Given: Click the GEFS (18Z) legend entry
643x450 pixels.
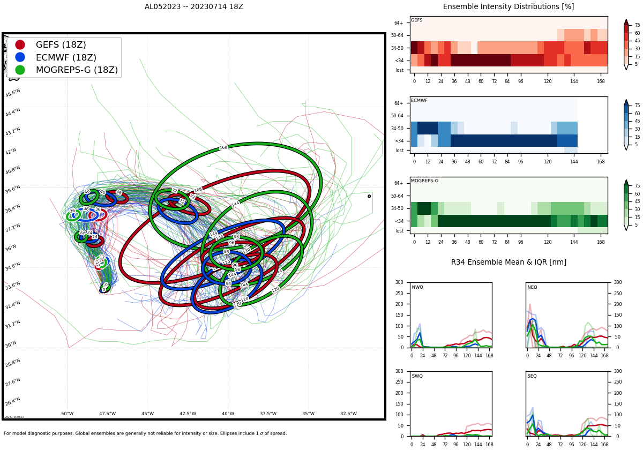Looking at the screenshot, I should click(61, 45).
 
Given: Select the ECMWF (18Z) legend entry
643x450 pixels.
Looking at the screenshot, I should click(66, 57).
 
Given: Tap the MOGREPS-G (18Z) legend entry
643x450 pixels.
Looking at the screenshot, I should click(77, 70).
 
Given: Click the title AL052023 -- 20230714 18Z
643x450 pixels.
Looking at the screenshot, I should click(193, 7).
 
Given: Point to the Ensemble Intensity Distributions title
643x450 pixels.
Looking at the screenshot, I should click(508, 7).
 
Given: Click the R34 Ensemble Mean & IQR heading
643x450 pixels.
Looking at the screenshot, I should click(508, 262).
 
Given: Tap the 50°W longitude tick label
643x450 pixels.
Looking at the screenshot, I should click(67, 414).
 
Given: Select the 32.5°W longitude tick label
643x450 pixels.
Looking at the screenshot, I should click(348, 414).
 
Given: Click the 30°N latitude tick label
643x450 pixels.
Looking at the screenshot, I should click(11, 345).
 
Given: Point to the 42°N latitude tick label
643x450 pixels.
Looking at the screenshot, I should click(11, 152).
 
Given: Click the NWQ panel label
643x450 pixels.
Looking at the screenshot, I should click(417, 288).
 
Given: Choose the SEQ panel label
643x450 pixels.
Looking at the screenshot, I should click(532, 376).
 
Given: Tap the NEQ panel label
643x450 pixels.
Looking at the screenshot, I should click(532, 288).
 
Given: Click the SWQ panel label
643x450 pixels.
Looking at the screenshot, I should click(417, 376).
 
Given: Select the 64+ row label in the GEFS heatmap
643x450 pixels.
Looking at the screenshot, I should click(398, 23).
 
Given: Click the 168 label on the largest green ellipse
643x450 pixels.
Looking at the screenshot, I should click(223, 147).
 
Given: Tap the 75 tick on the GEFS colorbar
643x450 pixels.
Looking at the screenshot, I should click(637, 25).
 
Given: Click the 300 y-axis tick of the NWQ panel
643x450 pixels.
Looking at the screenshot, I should click(399, 282).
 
